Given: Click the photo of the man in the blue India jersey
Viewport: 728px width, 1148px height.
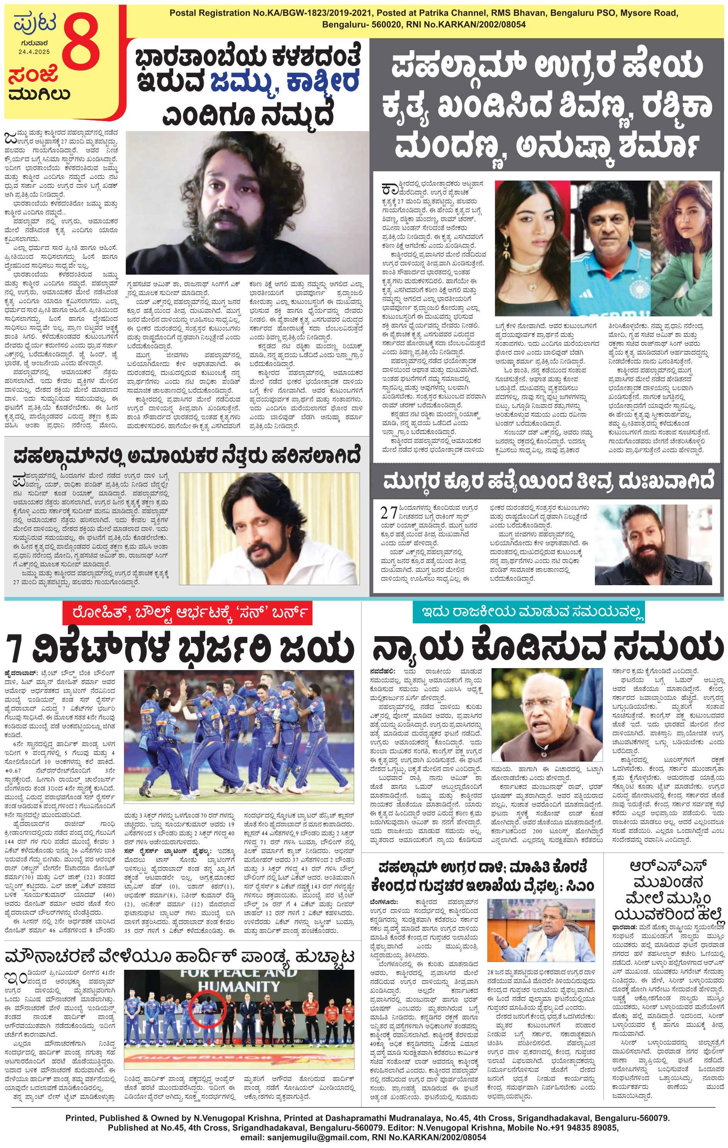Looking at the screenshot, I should pyautogui.click(x=611, y=248).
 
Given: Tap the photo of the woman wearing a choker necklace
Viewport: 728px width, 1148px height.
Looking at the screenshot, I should pyautogui.click(x=532, y=248).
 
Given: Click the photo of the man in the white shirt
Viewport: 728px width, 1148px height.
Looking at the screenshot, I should pyautogui.click(x=269, y=528).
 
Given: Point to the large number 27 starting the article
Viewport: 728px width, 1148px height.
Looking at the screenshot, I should pyautogui.click(x=389, y=513).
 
